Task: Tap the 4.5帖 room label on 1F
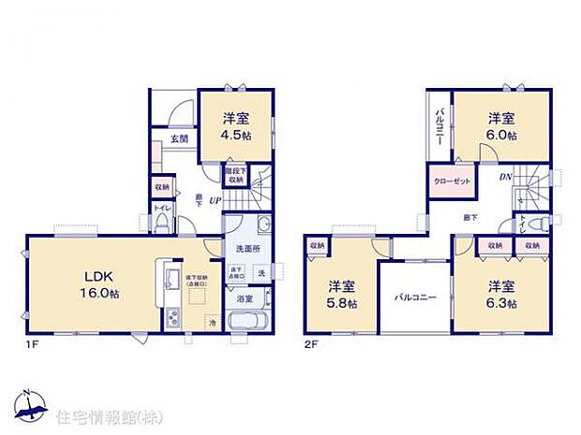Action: pos(235,126)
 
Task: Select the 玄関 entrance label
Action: pos(180,140)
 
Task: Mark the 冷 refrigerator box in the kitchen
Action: pos(213,324)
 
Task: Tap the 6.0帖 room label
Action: pos(502,126)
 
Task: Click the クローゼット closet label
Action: pos(452,180)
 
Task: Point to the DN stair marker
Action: pos(504,178)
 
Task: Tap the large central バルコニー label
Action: pos(415,297)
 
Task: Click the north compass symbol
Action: pos(32,401)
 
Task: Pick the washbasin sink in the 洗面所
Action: pos(263,224)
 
